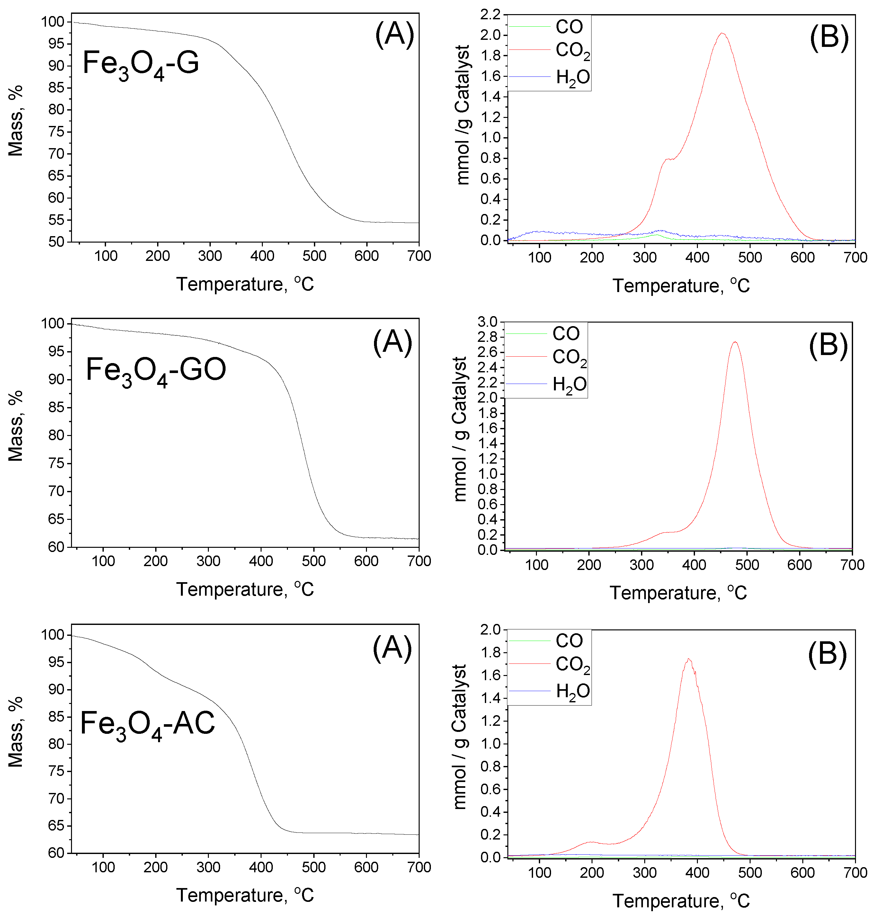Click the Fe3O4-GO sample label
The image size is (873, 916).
click(156, 371)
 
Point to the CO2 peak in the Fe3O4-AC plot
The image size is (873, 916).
click(689, 660)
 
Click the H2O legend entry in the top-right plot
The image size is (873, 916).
click(572, 77)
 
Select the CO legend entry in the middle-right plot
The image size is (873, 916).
click(566, 333)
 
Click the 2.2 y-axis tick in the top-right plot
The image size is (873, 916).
click(491, 15)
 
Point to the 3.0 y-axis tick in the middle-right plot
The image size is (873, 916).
click(488, 322)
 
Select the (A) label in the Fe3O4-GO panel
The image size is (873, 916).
click(392, 342)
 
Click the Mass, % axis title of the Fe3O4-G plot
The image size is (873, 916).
click(15, 121)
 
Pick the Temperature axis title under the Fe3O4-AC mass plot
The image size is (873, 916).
click(245, 895)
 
